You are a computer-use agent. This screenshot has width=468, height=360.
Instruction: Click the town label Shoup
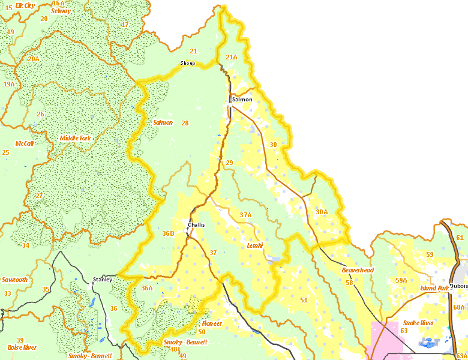pos(188,63)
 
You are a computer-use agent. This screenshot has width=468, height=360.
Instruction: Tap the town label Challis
pos(196,225)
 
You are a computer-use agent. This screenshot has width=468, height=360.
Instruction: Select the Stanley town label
pos(103,280)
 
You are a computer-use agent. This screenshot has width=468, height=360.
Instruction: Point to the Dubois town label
pos(458,286)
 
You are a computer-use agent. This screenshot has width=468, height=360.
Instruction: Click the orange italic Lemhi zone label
pos(256,245)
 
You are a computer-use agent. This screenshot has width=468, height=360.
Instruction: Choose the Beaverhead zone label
pos(358,270)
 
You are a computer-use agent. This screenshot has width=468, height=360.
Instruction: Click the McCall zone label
pos(25,143)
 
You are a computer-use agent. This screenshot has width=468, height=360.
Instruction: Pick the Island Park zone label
pos(435,288)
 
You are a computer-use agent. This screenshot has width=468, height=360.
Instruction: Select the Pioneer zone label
pos(212,323)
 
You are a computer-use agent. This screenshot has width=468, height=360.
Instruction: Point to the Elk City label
pos(25,5)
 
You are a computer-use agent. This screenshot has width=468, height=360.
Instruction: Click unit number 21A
pos(232,57)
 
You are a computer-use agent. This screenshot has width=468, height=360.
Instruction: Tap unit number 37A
pos(245,214)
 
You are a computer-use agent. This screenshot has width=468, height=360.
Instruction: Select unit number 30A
pos(322,211)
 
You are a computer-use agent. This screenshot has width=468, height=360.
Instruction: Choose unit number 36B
pos(168,233)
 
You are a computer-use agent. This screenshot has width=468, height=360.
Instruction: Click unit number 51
pos(304,300)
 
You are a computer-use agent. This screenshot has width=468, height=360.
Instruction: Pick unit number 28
pos(185,123)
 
